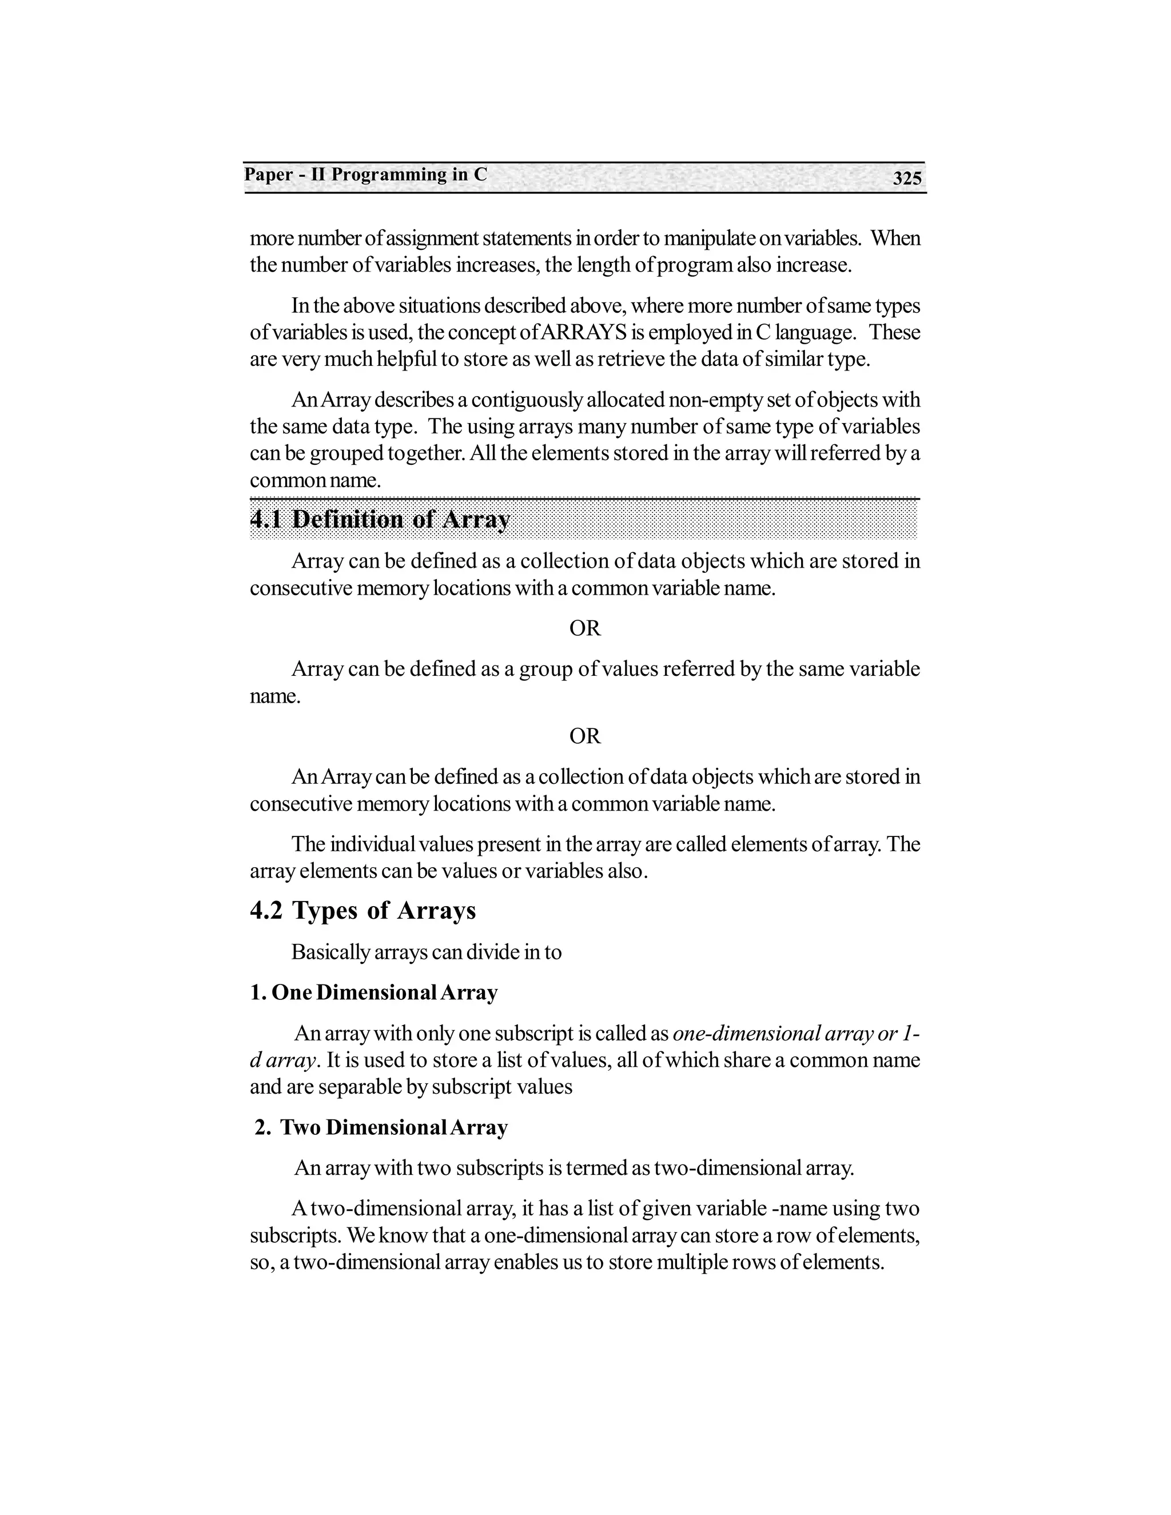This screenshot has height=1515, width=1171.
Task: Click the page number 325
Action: pos(907,178)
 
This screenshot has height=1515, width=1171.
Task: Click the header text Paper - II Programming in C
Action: pos(365,174)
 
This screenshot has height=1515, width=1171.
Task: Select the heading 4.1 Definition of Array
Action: pos(380,519)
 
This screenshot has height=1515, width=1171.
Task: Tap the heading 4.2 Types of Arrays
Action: pos(363,910)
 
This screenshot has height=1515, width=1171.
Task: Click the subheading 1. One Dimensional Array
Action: pos(374,992)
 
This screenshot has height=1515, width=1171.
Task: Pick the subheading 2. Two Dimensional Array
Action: pos(381,1127)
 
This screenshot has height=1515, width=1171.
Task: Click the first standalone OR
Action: pos(585,628)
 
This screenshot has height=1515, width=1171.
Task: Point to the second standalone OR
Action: pos(585,735)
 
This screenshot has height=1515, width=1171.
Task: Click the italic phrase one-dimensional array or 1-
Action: pos(796,1034)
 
